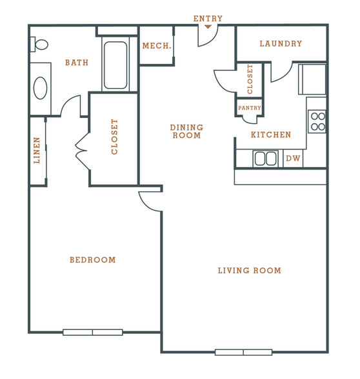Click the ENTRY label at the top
(208, 19)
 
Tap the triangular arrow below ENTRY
(208, 26)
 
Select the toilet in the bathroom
(39, 44)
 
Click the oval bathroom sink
(40, 88)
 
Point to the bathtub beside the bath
(115, 65)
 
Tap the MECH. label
(157, 46)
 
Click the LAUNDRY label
(281, 44)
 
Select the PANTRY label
(250, 108)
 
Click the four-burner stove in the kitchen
(317, 121)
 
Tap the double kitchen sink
(265, 159)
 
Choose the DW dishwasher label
(293, 159)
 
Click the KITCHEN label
(271, 135)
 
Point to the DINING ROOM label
(186, 131)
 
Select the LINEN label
(37, 150)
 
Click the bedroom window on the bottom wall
(93, 332)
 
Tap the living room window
(243, 352)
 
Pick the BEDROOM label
(93, 260)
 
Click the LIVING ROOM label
(250, 271)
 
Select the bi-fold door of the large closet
(82, 151)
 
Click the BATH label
(77, 63)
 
